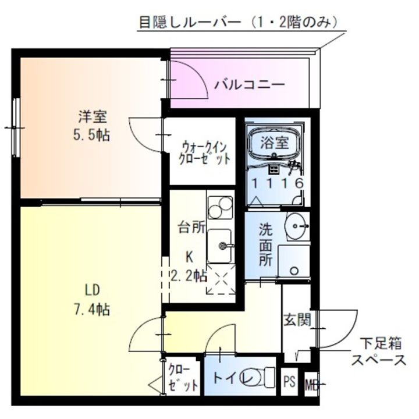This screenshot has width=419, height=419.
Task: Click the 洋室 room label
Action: point(93,116)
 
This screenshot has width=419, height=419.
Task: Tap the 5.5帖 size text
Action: point(92,136)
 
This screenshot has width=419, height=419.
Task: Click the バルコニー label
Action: point(249,84)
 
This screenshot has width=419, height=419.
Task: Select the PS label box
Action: point(289,383)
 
